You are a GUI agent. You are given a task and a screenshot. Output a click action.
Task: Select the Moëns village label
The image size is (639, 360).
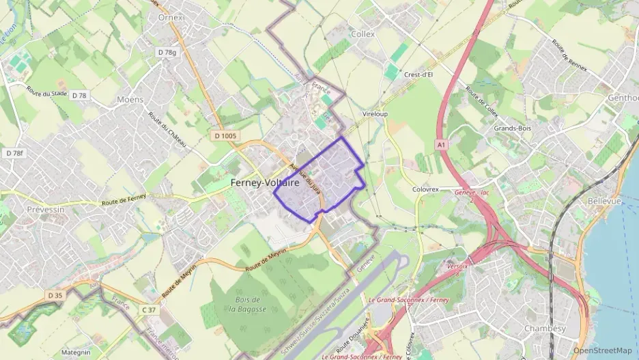[130, 99]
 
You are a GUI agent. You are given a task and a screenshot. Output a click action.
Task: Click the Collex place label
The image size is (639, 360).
[363, 33]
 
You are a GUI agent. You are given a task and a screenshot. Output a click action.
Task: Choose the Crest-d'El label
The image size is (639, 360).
[418, 74]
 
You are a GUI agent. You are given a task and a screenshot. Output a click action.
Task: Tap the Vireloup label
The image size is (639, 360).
[375, 114]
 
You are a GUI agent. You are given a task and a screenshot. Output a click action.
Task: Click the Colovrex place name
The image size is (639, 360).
[429, 189]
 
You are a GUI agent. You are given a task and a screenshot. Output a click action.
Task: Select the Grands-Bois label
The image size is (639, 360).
[512, 128]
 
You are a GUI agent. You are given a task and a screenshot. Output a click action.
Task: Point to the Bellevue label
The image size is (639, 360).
[604, 202]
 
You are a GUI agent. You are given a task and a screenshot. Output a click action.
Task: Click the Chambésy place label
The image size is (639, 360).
[545, 329]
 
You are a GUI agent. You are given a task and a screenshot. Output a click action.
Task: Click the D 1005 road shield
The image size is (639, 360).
[225, 136]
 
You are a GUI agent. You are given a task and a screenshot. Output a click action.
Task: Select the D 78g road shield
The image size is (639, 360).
[167, 52]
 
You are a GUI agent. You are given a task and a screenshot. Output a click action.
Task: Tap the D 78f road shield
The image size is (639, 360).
[14, 153]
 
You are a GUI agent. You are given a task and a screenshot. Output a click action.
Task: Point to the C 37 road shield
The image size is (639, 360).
[148, 310]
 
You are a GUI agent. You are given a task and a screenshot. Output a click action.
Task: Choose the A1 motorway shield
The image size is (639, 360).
[442, 145]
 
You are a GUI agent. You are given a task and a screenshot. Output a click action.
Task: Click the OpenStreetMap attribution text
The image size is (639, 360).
[603, 350]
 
